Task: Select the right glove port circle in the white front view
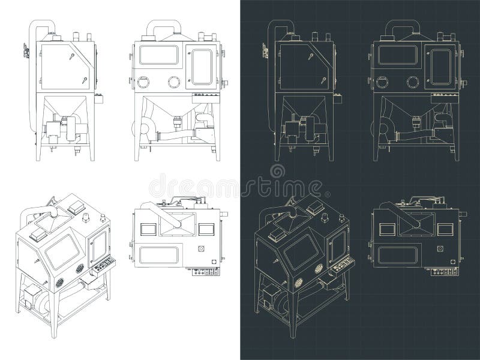click(175, 81)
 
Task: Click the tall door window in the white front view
click(202, 66)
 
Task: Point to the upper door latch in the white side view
click(71, 58)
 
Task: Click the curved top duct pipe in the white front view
click(164, 26)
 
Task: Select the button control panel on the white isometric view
click(103, 265)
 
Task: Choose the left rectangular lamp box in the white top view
click(148, 228)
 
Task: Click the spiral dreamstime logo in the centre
click(278, 172)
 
